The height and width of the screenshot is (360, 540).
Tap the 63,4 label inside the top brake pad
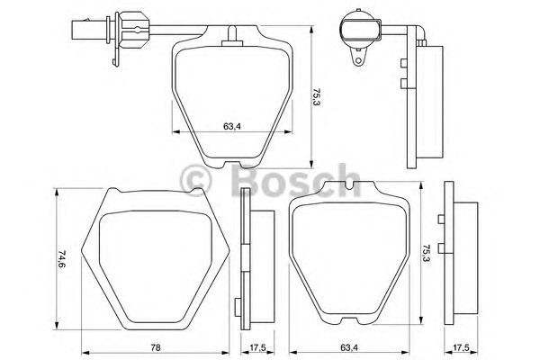coord(230,126)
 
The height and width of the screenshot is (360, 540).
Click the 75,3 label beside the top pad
coord(317,95)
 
